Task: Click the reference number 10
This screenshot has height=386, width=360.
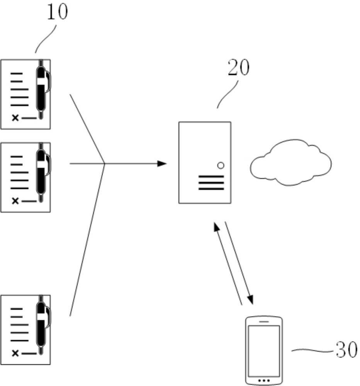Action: (x=57, y=12)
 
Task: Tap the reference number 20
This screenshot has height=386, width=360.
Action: (x=238, y=68)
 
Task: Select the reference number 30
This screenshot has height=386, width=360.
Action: (x=346, y=350)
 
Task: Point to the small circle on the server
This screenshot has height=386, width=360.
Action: (x=221, y=166)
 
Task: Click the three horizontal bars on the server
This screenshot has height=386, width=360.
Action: (x=211, y=183)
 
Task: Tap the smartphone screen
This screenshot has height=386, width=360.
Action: (x=264, y=350)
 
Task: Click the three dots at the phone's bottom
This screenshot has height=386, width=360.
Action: (x=264, y=380)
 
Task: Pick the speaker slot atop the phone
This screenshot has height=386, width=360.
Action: (x=264, y=321)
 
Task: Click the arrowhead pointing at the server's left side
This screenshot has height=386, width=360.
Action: (x=162, y=164)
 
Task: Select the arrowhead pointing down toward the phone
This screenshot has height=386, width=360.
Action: (x=250, y=300)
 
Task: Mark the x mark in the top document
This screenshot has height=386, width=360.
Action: (x=15, y=118)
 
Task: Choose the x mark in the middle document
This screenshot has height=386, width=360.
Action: (x=15, y=201)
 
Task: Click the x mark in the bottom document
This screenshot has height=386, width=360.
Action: (x=15, y=353)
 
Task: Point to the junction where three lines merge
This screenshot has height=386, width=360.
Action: (x=105, y=164)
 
